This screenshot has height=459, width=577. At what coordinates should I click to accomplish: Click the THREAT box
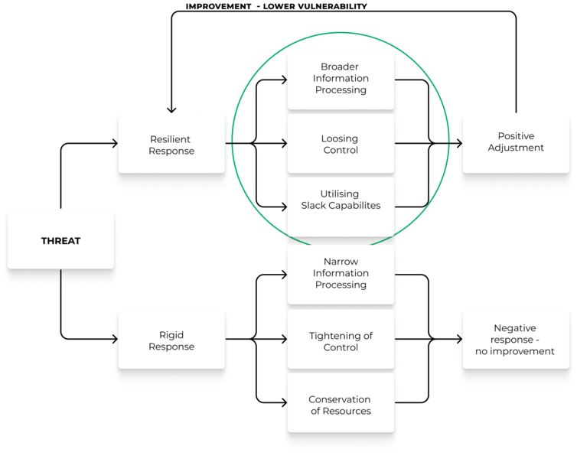60,240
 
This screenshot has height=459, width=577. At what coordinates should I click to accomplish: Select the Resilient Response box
171,145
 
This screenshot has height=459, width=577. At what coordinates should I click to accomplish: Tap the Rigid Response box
171,340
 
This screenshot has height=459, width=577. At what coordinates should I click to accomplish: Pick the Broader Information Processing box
341,78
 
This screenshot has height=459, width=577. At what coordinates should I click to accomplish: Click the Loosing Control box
341,144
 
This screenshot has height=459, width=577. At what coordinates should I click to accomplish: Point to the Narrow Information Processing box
341,273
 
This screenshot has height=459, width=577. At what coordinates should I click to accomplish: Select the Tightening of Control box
341,341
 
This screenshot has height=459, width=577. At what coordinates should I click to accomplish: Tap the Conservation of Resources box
341,405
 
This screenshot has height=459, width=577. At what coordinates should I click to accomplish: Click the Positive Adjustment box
516,142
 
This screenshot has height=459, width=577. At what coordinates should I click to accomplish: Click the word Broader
340,67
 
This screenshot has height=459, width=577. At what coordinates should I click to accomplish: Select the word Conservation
340,399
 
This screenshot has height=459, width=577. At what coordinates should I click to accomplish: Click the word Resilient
171,139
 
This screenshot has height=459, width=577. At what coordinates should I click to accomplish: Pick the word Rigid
171,335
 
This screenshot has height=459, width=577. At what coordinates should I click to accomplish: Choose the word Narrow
341,262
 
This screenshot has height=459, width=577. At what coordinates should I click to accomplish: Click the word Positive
516,136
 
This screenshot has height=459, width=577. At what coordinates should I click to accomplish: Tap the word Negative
514,328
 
